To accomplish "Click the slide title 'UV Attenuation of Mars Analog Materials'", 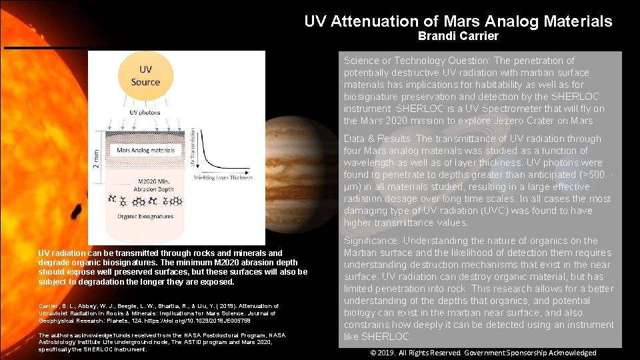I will pos(458,21).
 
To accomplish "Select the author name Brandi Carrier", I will pos(458,36).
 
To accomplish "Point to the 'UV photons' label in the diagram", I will pos(144,113).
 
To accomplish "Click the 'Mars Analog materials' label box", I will pos(145,151).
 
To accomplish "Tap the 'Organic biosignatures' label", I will pos(145,216).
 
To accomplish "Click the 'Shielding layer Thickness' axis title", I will pos(225,177).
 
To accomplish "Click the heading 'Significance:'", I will pos(372,241).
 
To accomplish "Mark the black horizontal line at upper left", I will pos(47,48).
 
